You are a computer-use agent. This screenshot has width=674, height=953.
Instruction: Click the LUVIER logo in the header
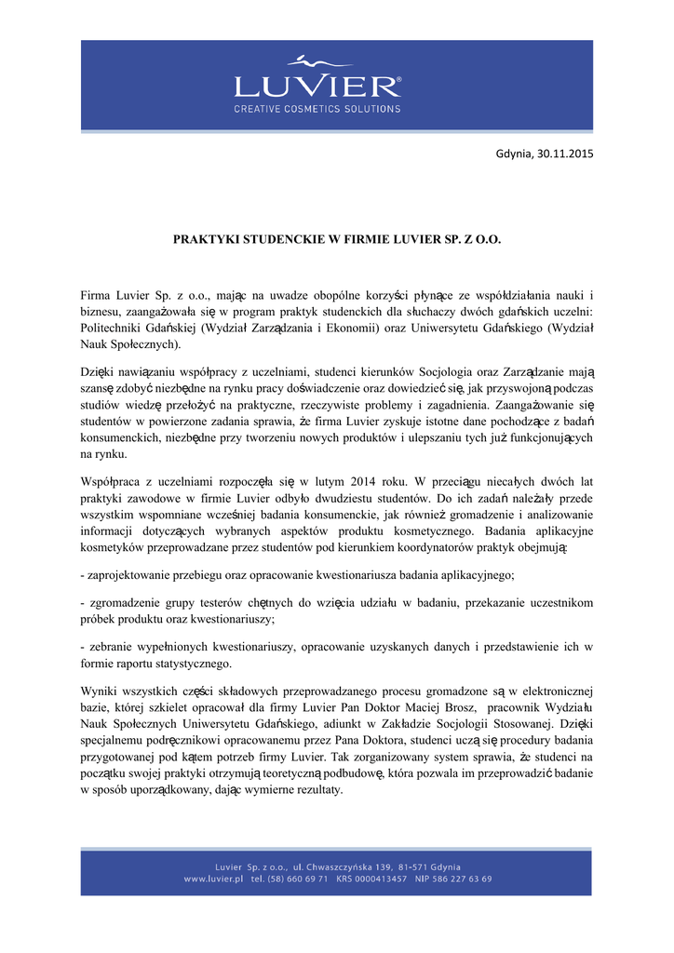coord(317,86)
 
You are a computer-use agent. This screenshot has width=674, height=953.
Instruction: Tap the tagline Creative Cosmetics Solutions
coord(317,109)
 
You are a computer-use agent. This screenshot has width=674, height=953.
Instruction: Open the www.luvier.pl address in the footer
coord(214,879)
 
